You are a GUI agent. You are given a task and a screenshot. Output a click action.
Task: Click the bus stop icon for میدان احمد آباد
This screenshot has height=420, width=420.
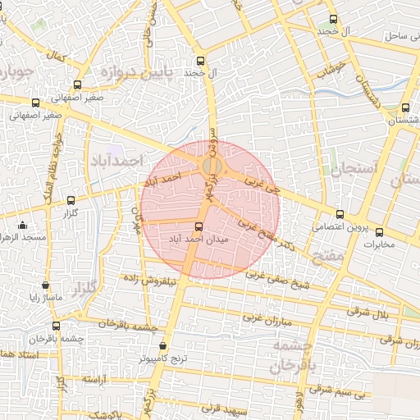pos(199,227)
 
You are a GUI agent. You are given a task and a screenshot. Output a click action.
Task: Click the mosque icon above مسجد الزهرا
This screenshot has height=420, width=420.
pos(22,226)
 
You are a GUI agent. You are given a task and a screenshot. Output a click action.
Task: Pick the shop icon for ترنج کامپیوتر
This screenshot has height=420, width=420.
pos(162,347)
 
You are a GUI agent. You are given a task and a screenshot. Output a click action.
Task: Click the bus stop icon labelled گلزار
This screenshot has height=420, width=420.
pos(71,200)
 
